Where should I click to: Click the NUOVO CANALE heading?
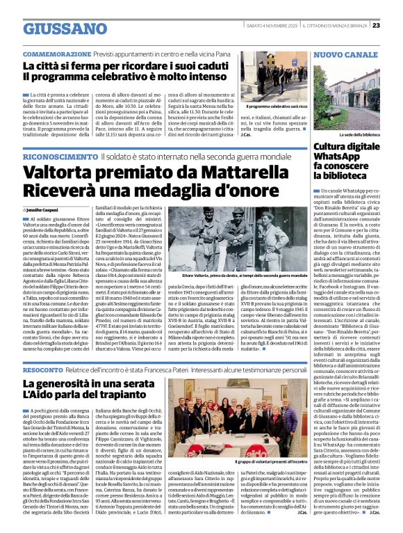345,54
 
